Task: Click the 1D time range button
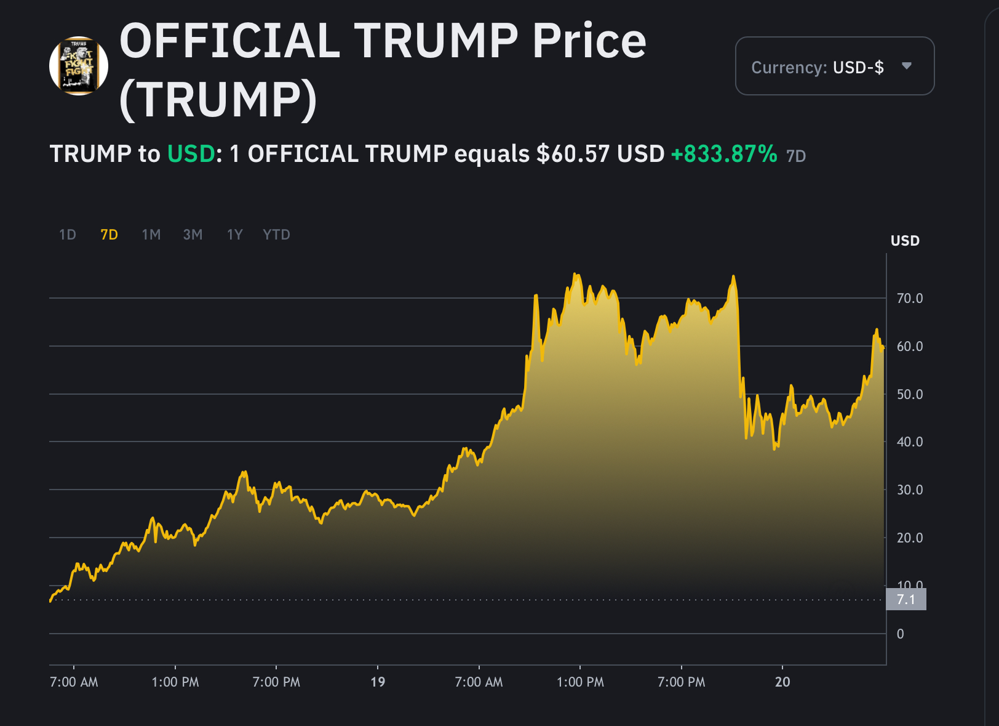point(68,235)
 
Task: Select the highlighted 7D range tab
point(109,235)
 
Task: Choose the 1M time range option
point(151,235)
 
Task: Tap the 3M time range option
point(193,235)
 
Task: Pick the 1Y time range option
point(234,235)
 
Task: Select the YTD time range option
point(277,235)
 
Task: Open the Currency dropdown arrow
point(907,66)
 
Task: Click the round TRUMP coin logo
point(79,66)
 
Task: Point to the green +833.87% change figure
point(724,153)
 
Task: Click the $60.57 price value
point(573,153)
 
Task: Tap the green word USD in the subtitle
point(191,153)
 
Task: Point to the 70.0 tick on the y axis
point(910,298)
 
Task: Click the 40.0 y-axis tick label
point(910,442)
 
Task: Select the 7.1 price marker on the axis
point(905,599)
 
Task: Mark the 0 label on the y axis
point(901,634)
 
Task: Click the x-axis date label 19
point(378,682)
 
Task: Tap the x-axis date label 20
point(782,682)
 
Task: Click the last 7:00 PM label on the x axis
point(682,682)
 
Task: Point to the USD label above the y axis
point(905,241)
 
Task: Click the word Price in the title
point(589,41)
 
